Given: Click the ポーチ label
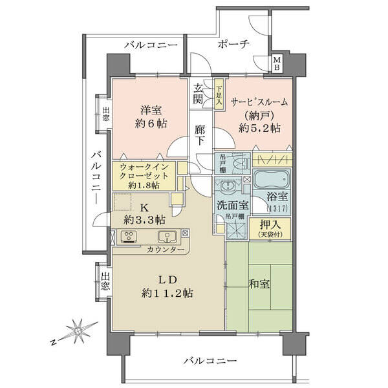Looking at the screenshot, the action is click(x=233, y=45).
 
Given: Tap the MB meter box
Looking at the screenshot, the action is click(x=277, y=63).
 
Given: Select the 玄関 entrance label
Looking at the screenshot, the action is click(x=199, y=94).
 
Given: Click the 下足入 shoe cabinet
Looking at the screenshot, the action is click(x=219, y=94).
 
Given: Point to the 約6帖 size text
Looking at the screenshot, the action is click(x=151, y=124).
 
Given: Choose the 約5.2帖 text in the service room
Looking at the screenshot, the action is click(x=259, y=128).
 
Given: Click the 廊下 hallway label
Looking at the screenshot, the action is click(x=199, y=135).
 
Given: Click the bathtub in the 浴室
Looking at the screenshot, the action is click(x=272, y=179).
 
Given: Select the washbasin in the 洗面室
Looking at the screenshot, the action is click(x=227, y=186).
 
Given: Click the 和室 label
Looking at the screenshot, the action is click(x=259, y=284).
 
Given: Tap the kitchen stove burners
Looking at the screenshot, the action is click(x=128, y=236).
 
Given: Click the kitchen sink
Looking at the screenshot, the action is click(x=167, y=237).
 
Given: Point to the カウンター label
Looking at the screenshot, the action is click(x=166, y=250).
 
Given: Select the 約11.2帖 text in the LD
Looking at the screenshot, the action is click(x=167, y=293).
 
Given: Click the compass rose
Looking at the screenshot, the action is click(x=78, y=331).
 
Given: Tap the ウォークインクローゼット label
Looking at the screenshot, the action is click(x=144, y=171).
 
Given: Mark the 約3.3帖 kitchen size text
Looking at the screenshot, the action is click(x=144, y=219).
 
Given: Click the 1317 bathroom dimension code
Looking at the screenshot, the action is click(x=277, y=209).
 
